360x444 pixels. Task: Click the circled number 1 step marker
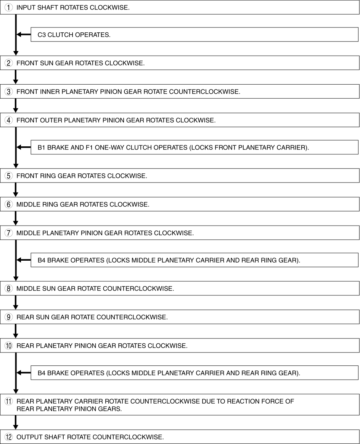tap(8, 7)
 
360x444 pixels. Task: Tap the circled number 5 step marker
tap(8, 176)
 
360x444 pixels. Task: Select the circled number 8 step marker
tap(8, 289)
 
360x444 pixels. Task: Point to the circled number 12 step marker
tap(8, 437)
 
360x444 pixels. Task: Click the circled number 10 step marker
tap(8, 346)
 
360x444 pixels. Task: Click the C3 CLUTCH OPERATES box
tap(194, 35)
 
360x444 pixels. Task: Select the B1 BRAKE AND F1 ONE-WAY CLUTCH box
tap(194, 147)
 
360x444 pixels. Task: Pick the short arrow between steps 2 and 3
tap(16, 77)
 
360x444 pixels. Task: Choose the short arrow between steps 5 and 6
tap(16, 190)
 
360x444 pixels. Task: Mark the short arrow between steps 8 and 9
tap(16, 302)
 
